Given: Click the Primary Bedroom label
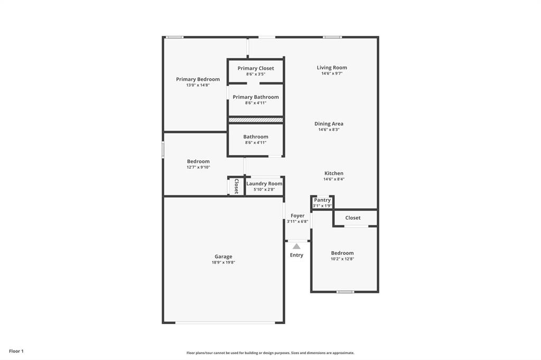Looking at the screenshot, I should pyautogui.click(x=198, y=79).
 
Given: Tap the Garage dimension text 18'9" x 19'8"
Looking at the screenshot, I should pyautogui.click(x=223, y=262).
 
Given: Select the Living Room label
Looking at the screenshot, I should pyautogui.click(x=332, y=68).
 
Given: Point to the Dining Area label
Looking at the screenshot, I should pyautogui.click(x=329, y=124).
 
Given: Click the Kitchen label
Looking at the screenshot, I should pyautogui.click(x=333, y=173).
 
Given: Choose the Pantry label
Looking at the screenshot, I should pyautogui.click(x=322, y=200).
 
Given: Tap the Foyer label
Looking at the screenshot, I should pyautogui.click(x=297, y=215).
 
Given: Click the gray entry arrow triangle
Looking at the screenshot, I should pyautogui.click(x=296, y=246).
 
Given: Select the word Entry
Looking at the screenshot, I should pyautogui.click(x=296, y=255).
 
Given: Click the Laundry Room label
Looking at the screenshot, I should pyautogui.click(x=264, y=184).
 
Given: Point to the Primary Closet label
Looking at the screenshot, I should pyautogui.click(x=256, y=68).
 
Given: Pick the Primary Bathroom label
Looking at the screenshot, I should pyautogui.click(x=256, y=97).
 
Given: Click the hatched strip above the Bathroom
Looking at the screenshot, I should pyautogui.click(x=256, y=120).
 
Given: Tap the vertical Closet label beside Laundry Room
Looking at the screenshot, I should pyautogui.click(x=236, y=186).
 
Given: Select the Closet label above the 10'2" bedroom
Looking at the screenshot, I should pyautogui.click(x=353, y=217).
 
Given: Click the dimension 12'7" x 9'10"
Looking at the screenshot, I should pyautogui.click(x=198, y=167).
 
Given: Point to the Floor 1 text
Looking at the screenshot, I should pyautogui.click(x=16, y=351).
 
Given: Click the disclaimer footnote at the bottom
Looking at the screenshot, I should pyautogui.click(x=270, y=353).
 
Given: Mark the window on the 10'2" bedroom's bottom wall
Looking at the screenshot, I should pyautogui.click(x=345, y=291).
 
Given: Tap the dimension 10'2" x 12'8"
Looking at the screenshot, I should pyautogui.click(x=342, y=259).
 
